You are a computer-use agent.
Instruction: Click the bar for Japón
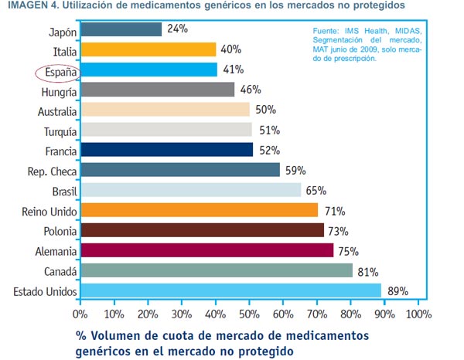tap(121, 29)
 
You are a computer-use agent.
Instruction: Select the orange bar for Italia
tap(148, 49)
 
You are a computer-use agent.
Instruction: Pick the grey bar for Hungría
tap(157, 90)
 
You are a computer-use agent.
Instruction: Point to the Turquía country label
tap(56, 131)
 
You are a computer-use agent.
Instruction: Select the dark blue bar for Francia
tap(166, 150)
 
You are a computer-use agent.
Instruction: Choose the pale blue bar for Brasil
tap(189, 190)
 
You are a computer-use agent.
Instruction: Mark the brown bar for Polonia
tap(202, 230)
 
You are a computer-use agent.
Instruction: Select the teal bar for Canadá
tap(216, 270)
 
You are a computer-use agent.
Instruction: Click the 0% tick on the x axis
tap(80, 314)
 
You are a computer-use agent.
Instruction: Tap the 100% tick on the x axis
tap(418, 314)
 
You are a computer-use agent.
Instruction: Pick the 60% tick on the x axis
tap(282, 314)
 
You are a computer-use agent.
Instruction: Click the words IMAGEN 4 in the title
tap(29, 7)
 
